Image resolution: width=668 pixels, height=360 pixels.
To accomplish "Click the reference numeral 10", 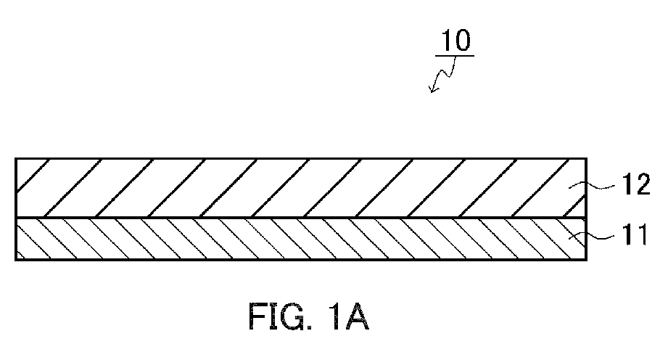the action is [455, 40].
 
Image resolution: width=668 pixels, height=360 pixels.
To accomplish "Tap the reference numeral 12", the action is [638, 184].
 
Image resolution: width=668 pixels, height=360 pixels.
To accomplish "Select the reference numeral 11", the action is [636, 234].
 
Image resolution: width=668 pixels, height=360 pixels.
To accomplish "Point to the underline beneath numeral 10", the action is [455, 55].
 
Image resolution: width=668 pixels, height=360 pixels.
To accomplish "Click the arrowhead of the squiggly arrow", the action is [432, 89].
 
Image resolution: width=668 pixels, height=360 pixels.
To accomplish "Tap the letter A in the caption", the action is [357, 316].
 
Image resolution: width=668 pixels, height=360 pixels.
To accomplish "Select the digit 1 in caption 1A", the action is [335, 316].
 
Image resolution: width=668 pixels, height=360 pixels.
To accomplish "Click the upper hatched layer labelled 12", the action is [301, 188].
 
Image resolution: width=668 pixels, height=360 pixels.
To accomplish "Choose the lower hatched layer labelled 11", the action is [301, 239].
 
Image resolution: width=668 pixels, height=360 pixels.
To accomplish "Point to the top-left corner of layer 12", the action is [15, 158].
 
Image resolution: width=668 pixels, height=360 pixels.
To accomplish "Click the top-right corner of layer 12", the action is [587, 158].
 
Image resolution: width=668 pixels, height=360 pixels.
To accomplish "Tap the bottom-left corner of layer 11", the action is [15, 260].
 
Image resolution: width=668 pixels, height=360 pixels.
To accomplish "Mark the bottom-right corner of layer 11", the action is [587, 260].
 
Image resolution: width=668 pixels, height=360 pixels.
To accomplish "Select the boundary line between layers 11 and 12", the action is [301, 218].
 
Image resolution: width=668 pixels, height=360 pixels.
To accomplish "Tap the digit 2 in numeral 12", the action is [643, 184].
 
